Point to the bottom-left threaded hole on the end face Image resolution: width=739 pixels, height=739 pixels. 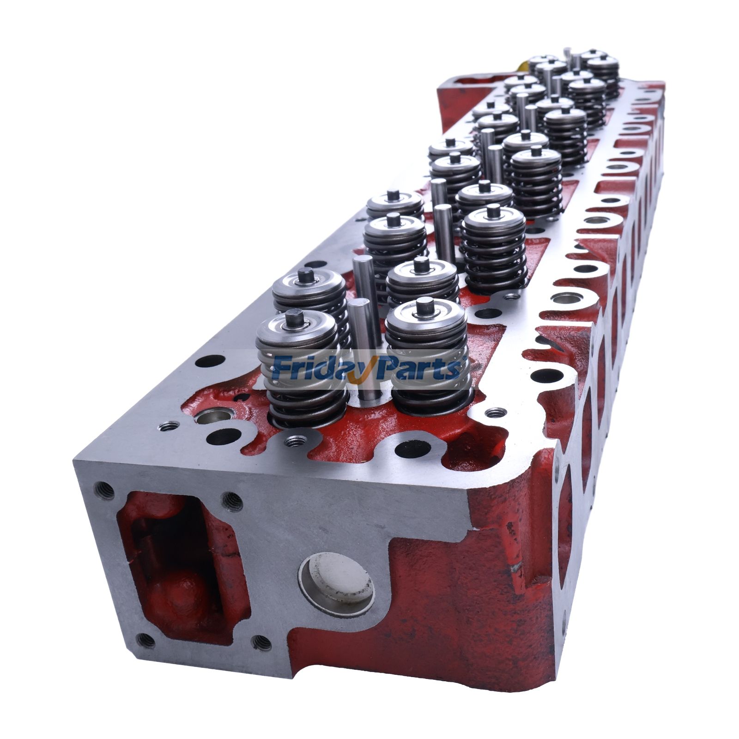[x=146, y=640]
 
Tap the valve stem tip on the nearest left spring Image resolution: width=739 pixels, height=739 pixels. [x=294, y=318]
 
